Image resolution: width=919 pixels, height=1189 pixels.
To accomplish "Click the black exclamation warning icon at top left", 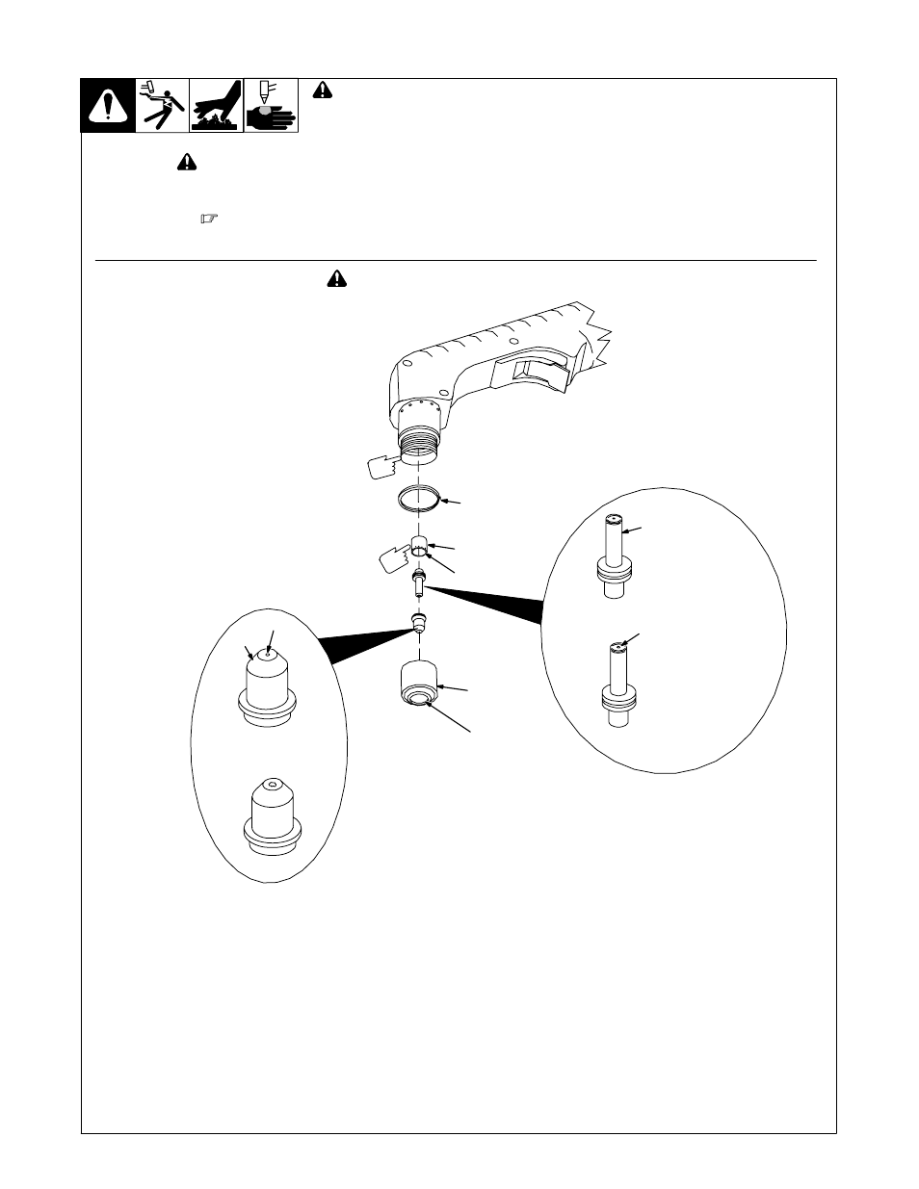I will (107, 106).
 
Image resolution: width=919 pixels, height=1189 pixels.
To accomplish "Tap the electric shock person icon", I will (161, 106).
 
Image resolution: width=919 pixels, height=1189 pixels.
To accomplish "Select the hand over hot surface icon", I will (216, 106).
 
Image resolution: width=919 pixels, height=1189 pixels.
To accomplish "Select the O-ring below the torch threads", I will (420, 502).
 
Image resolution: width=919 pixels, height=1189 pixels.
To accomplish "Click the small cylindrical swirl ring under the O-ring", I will (419, 546).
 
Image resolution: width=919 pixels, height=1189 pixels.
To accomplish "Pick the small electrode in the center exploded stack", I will (418, 582).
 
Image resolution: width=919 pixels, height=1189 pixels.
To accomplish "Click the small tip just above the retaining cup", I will (418, 621).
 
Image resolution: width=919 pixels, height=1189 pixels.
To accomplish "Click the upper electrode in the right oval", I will (612, 558).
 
